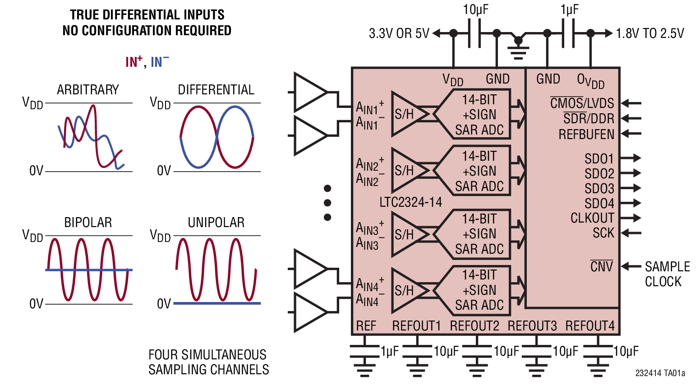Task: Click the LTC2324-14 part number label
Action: pos(410,202)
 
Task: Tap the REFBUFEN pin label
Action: pos(586,135)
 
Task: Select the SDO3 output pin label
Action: pos(599,189)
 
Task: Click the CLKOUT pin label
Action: pos(592,218)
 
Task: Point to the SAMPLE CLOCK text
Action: pos(667,274)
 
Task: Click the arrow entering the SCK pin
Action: pos(631,233)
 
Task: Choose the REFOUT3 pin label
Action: pos(532,326)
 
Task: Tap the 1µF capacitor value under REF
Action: pos(389,351)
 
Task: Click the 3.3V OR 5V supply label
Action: pos(399,33)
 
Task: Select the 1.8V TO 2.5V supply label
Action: pos(650,33)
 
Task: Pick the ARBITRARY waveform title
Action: pos(88,89)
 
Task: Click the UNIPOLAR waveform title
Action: pos(216,222)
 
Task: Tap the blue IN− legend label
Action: pos(160,61)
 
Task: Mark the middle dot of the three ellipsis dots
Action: pos(327,203)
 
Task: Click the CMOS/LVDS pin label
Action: pos(582,103)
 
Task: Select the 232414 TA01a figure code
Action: pos(660,373)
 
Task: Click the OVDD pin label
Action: pos(590,80)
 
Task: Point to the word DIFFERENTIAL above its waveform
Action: pos(216,89)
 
